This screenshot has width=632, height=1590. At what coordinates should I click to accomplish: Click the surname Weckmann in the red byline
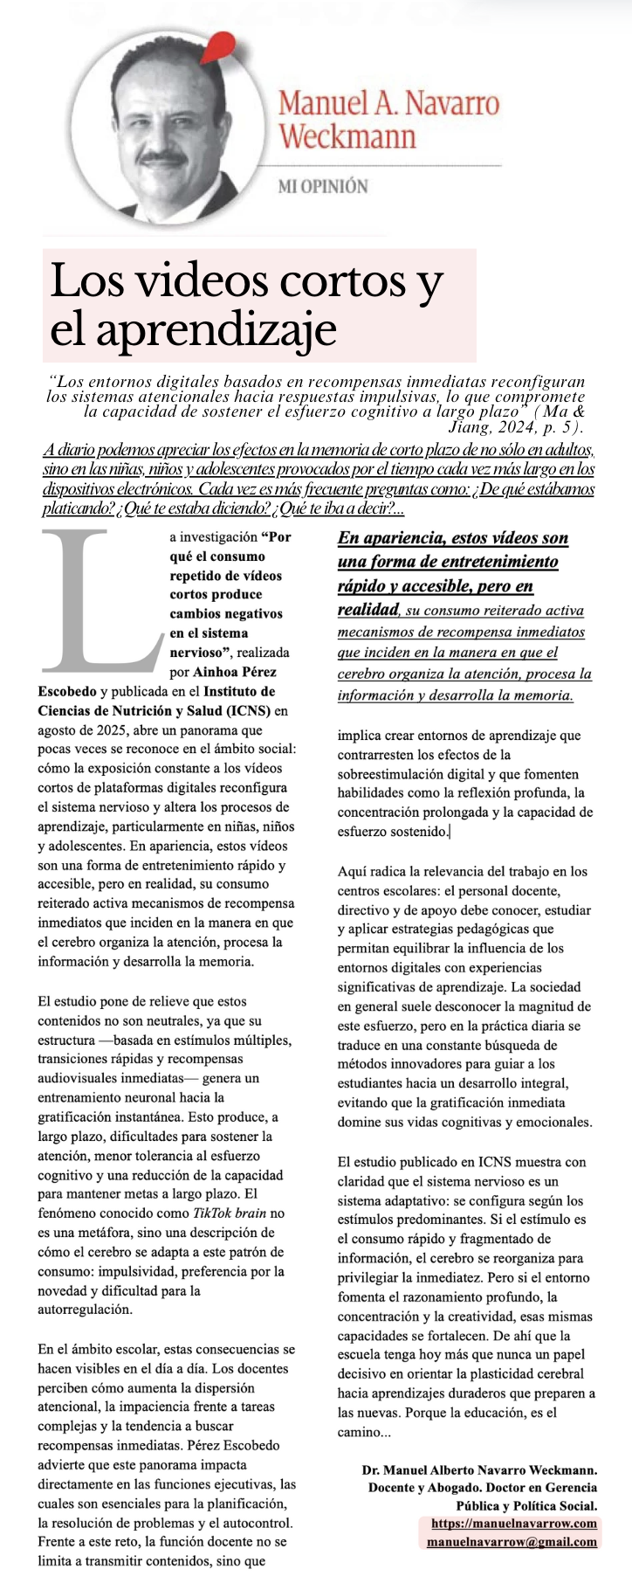point(347,136)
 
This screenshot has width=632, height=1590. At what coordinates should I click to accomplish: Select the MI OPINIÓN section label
point(322,186)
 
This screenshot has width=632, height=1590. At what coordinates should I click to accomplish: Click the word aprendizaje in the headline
point(194,329)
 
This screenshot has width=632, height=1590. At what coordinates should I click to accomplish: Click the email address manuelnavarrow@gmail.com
point(512,1542)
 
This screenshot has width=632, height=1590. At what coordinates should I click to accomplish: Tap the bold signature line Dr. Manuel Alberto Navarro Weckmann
point(479,1470)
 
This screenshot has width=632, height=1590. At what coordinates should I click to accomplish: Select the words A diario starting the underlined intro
point(69,450)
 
